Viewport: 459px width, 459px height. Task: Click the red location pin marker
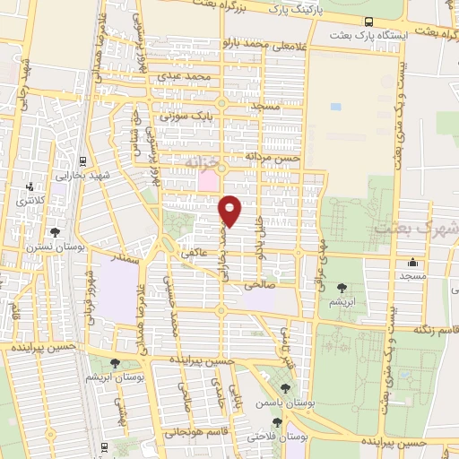coord(230,211)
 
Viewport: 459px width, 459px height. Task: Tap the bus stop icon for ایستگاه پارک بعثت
coord(369,22)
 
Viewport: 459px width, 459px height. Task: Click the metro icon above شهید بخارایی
coord(82,160)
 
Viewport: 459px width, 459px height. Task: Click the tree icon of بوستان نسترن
coord(56,232)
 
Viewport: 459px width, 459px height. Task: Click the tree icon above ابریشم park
coord(342,288)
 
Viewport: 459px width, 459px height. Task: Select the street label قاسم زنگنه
coord(436,330)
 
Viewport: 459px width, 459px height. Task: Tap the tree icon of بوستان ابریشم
coord(115,362)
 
